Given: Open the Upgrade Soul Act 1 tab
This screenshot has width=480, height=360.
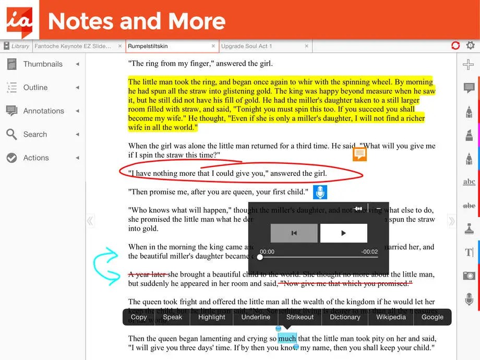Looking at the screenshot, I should [x=246, y=46].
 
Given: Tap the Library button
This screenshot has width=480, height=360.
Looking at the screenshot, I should [x=16, y=46].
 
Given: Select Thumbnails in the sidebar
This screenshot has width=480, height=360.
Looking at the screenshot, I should [x=42, y=64].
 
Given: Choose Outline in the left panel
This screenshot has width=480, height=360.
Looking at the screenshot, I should [x=35, y=88].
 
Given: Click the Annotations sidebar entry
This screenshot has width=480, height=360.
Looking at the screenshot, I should [x=43, y=111].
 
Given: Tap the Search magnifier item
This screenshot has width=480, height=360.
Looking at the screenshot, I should [x=35, y=135].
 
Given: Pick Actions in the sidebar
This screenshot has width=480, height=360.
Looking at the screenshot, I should [x=35, y=158].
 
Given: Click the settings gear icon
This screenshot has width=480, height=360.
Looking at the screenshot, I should [x=471, y=45].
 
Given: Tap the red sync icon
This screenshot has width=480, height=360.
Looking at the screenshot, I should [x=455, y=45].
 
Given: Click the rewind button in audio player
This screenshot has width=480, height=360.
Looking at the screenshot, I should [x=294, y=233].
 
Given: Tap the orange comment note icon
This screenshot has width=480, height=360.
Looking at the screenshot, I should [x=359, y=154].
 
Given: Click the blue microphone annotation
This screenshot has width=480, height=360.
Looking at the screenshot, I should [x=320, y=192].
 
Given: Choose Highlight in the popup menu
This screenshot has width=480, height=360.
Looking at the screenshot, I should [x=212, y=317].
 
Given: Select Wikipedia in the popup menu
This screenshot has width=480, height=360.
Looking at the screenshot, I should [x=391, y=317].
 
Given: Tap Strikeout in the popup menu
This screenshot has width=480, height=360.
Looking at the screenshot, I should [x=300, y=317].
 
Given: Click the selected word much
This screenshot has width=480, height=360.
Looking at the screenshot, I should [x=287, y=339].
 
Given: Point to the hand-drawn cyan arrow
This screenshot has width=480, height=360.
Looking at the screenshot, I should [x=108, y=266].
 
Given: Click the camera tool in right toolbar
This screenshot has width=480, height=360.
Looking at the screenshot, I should [x=469, y=275].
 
